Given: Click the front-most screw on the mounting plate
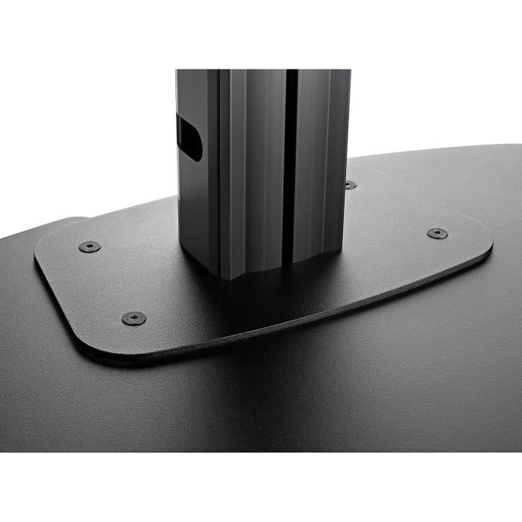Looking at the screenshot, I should click(x=133, y=318).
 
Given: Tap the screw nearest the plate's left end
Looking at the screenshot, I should click(x=89, y=246).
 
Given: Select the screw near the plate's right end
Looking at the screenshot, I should click(x=437, y=233).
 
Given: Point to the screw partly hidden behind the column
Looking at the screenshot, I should click(x=350, y=184).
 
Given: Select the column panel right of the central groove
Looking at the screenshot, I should click(x=321, y=164).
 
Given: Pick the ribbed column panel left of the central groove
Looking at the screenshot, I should click(x=254, y=164).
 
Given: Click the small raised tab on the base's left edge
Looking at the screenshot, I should click(x=75, y=221).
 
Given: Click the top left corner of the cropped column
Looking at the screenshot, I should click(x=177, y=71).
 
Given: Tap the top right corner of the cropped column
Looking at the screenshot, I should click(x=350, y=71).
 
